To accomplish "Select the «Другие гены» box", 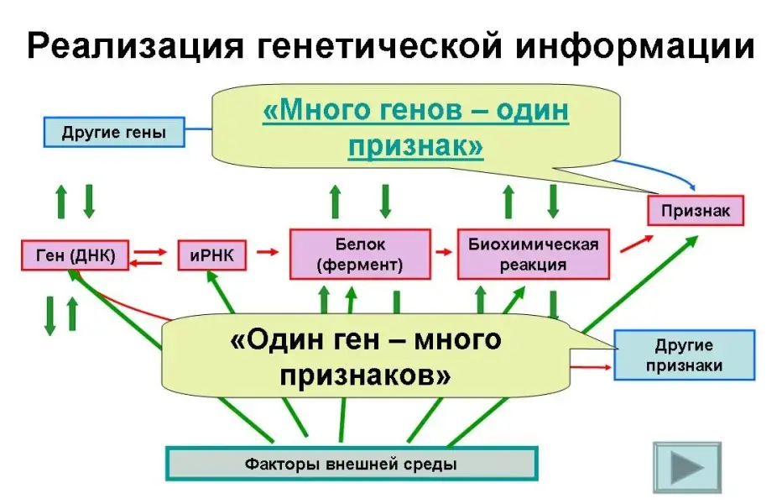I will pos(114,133).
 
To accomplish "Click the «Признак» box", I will pos(695,210).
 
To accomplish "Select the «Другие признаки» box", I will pos(684,355).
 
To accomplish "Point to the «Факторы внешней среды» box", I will pos(351,463).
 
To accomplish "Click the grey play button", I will pos(686,467).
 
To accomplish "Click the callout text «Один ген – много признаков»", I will pos(365,358).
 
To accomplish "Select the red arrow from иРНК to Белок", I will pos(267,250).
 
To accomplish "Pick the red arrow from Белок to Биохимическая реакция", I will pos(442,250).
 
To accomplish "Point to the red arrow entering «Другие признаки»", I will pos(594,367).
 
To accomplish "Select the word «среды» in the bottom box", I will pos(437,463).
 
